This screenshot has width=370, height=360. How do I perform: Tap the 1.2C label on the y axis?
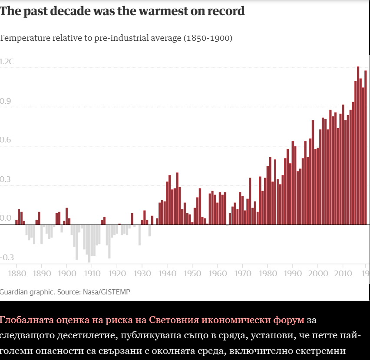(7, 62)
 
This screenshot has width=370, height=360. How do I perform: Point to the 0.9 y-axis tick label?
(5, 101)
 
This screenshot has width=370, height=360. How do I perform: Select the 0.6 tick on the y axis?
(5, 140)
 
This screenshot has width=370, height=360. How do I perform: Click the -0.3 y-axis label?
(7, 258)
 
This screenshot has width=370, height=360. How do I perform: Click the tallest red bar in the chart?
(358, 145)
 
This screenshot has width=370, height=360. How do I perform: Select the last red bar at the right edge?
(366, 148)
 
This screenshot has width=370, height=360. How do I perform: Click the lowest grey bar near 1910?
(89, 243)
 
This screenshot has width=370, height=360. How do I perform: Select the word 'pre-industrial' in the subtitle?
(113, 38)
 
